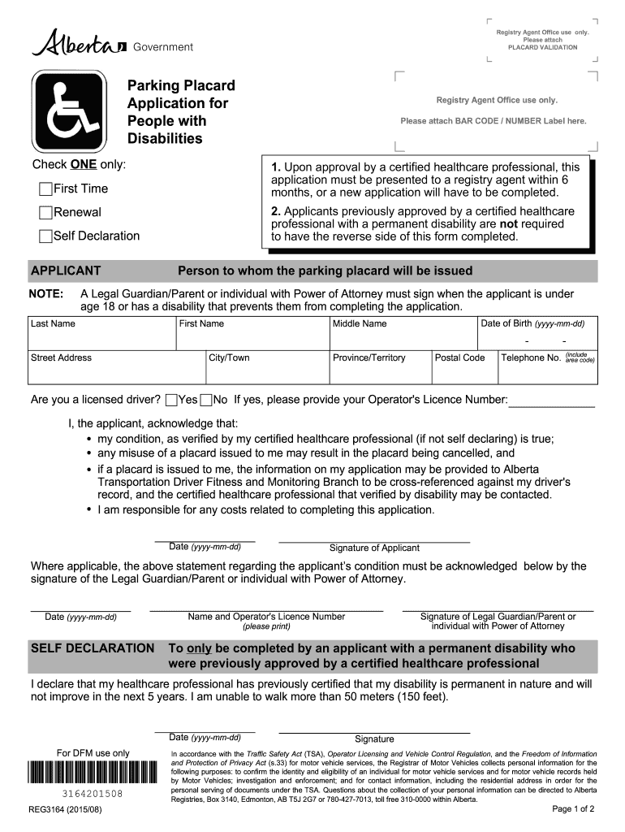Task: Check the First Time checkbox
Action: pyautogui.click(x=46, y=189)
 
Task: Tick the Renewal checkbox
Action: pyautogui.click(x=46, y=213)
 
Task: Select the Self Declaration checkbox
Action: pyautogui.click(x=46, y=236)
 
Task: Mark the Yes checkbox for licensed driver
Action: pyautogui.click(x=171, y=400)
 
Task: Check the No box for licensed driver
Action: pyautogui.click(x=206, y=400)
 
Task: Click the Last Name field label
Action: pyautogui.click(x=53, y=323)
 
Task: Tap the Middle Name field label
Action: pyautogui.click(x=360, y=323)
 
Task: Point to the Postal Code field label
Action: pyautogui.click(x=459, y=357)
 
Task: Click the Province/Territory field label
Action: pyautogui.click(x=369, y=357)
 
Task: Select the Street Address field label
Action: pyautogui.click(x=61, y=357)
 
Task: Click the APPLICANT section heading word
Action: pyautogui.click(x=66, y=271)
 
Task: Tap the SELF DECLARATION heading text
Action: pyautogui.click(x=92, y=648)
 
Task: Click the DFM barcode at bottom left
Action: pyautogui.click(x=92, y=772)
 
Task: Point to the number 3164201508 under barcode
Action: pyautogui.click(x=92, y=794)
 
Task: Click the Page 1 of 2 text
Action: pyautogui.click(x=573, y=809)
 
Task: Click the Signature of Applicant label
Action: pyautogui.click(x=374, y=548)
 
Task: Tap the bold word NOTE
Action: pyautogui.click(x=45, y=293)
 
